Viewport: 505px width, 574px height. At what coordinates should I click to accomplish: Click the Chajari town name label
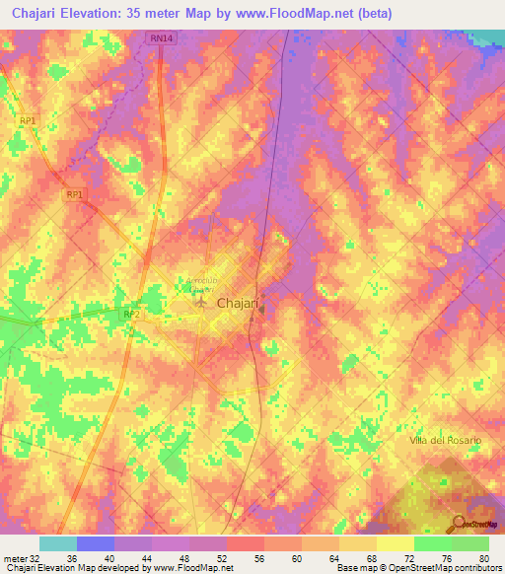[237, 304]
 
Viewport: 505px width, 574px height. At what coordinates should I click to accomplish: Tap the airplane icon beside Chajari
[202, 303]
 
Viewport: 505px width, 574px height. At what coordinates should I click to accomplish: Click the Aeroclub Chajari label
[198, 285]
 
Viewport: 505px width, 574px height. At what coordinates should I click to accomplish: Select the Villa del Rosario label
[445, 439]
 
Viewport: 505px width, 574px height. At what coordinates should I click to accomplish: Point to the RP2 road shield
[131, 314]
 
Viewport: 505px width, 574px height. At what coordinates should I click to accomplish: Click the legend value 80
[482, 557]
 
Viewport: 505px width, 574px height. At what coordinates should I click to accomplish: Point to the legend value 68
[370, 557]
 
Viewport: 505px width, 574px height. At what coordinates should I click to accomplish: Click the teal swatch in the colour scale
[58, 543]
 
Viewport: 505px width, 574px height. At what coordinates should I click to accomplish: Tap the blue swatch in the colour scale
[96, 543]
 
